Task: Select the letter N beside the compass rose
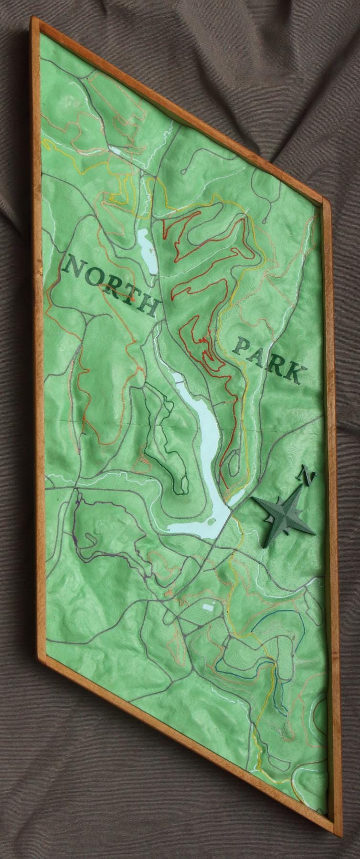click(307, 476)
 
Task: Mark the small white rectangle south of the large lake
click(208, 607)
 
